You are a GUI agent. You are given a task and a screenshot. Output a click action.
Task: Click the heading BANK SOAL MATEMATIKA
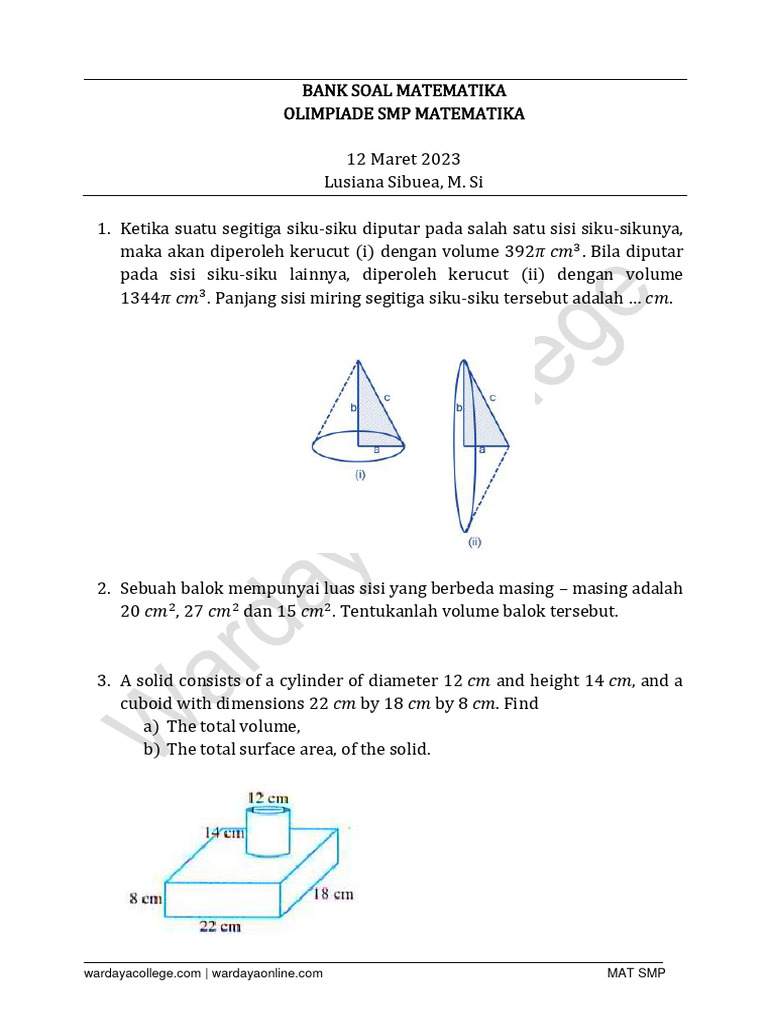coord(404,91)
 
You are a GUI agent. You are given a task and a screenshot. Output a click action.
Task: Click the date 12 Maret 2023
coord(403,159)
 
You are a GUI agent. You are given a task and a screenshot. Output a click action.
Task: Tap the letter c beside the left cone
coord(386,398)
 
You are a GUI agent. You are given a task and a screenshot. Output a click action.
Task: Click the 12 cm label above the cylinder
coord(268,797)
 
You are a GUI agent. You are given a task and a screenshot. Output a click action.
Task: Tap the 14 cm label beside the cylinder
coord(225,832)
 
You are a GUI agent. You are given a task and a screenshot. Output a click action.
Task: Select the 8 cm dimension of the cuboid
coord(145,899)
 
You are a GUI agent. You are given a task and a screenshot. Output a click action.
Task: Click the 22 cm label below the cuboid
coord(220,926)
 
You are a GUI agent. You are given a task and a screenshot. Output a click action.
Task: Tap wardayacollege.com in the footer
coord(142,973)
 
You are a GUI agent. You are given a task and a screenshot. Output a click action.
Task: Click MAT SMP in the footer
coord(636,973)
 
